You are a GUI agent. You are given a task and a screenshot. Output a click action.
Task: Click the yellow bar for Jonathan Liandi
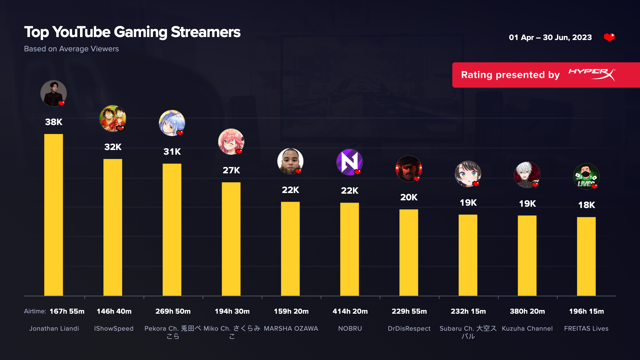pyautogui.click(x=53, y=215)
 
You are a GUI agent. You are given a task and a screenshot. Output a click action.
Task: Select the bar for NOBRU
pyautogui.click(x=349, y=249)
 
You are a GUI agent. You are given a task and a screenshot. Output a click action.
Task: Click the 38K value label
pyautogui.click(x=54, y=122)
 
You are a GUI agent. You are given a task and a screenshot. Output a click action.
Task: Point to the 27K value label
pyautogui.click(x=231, y=170)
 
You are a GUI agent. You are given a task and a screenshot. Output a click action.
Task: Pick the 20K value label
pyautogui.click(x=409, y=197)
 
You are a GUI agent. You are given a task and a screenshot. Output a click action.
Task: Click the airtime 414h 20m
pyautogui.click(x=350, y=311)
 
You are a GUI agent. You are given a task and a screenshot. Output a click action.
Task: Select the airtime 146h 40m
pyautogui.click(x=114, y=311)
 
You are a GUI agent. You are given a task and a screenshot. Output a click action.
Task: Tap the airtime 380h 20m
pyautogui.click(x=527, y=311)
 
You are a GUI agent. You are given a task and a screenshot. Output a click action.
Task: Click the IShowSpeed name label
pyautogui.click(x=114, y=329)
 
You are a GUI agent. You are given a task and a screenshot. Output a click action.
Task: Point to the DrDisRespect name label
pyautogui.click(x=409, y=329)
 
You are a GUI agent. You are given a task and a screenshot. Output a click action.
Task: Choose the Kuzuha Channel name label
pyautogui.click(x=527, y=329)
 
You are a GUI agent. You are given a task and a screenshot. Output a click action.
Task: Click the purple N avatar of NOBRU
pyautogui.click(x=349, y=162)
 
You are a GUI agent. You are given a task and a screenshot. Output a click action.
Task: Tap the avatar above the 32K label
pyautogui.click(x=113, y=118)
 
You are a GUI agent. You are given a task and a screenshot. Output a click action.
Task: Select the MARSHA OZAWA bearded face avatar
pyautogui.click(x=290, y=161)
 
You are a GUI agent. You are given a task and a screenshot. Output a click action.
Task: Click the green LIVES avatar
pyautogui.click(x=586, y=176)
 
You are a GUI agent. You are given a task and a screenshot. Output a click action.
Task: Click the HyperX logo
pyautogui.click(x=592, y=75)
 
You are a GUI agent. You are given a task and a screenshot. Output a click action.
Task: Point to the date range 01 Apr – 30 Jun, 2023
pyautogui.click(x=550, y=37)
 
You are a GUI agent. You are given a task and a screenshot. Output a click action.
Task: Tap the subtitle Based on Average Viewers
pyautogui.click(x=71, y=49)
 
